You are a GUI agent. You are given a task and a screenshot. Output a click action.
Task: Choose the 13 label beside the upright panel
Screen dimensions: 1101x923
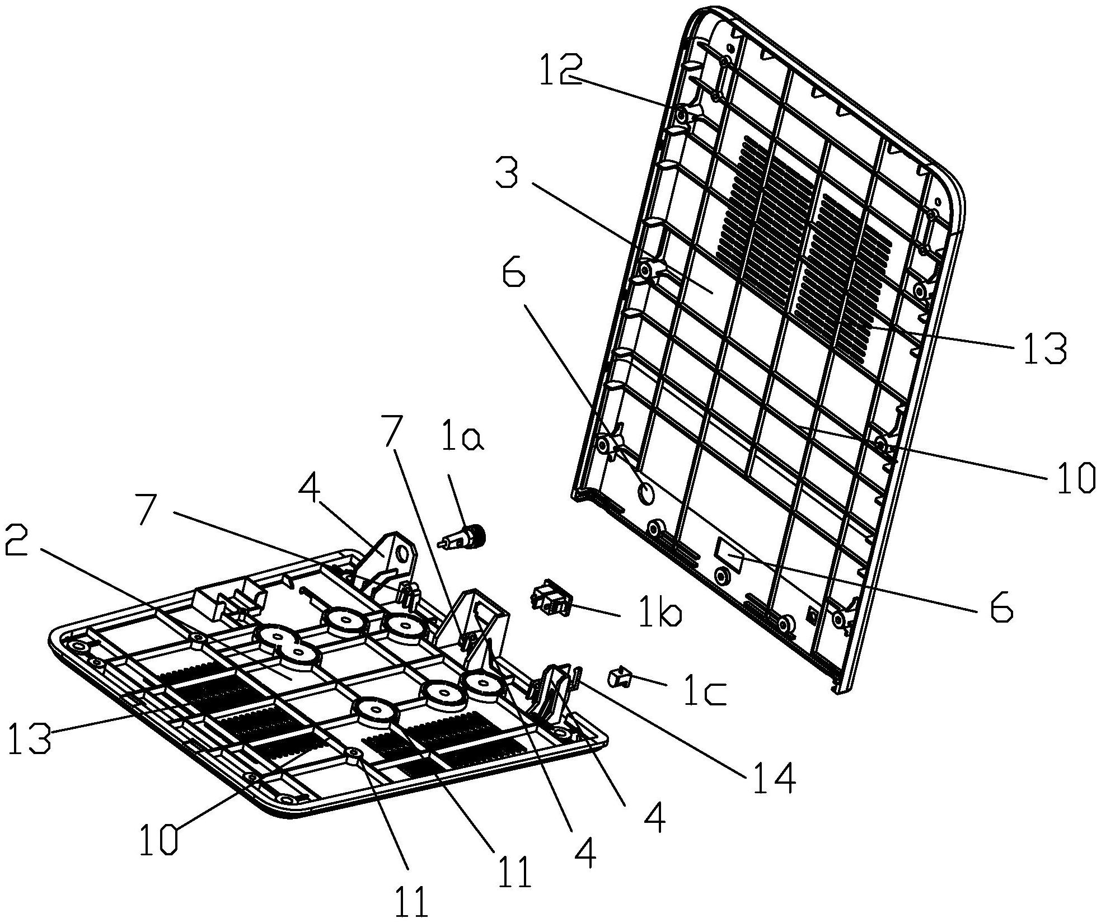click(1044, 348)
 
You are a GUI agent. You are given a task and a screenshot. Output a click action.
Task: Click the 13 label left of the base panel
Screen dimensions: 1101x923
click(29, 738)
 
